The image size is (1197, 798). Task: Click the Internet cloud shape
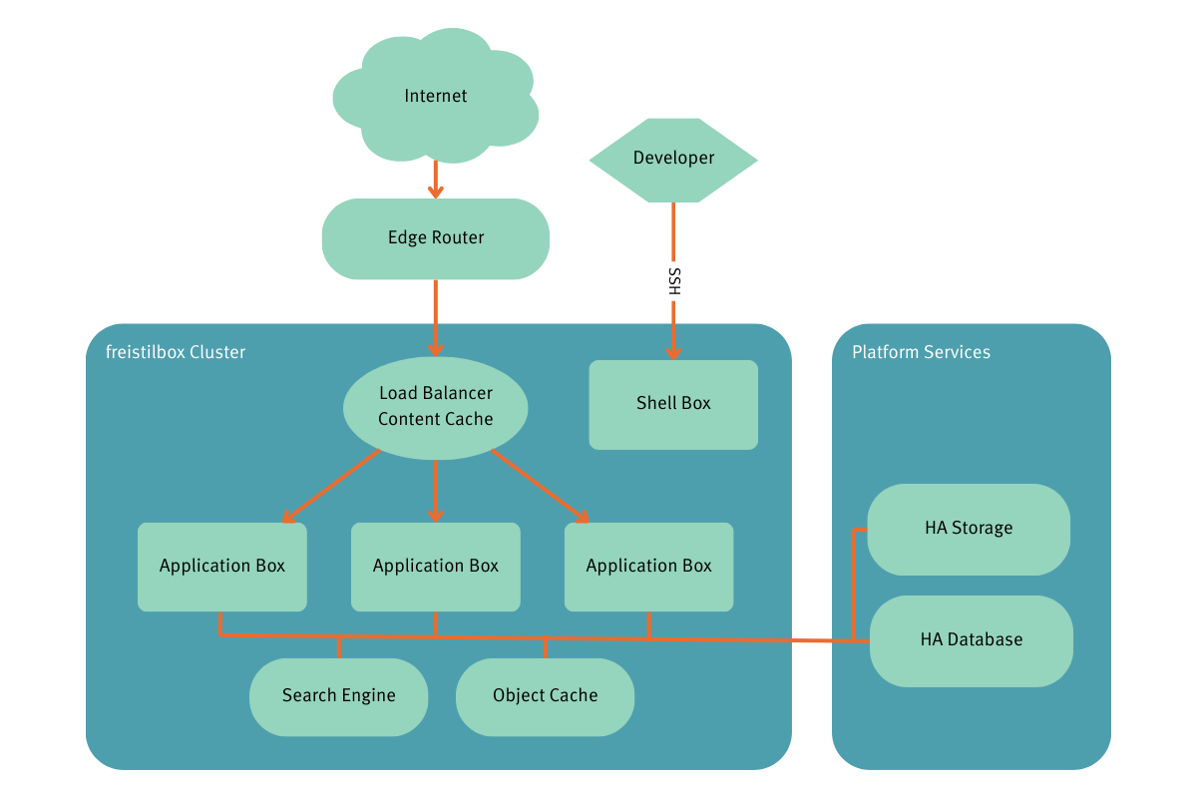436,97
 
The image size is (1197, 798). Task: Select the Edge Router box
436,238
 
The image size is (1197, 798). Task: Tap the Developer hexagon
673,159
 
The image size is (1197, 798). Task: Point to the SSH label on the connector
674,281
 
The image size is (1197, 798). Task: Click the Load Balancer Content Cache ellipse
436,407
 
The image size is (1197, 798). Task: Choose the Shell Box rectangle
673,404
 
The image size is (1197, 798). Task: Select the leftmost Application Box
222,567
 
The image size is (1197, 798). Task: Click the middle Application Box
436,567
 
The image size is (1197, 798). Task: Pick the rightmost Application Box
648,567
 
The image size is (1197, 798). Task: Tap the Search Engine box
338,696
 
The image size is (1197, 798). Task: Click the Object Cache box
545,696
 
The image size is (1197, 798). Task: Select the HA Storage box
969,529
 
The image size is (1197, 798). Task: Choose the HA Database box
972,640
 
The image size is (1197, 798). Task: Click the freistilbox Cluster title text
176,352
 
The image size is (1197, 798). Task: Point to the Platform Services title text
921,352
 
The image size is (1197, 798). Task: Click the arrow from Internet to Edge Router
436,180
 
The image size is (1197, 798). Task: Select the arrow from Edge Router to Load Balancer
436,317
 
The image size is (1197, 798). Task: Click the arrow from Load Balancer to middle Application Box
436,491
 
